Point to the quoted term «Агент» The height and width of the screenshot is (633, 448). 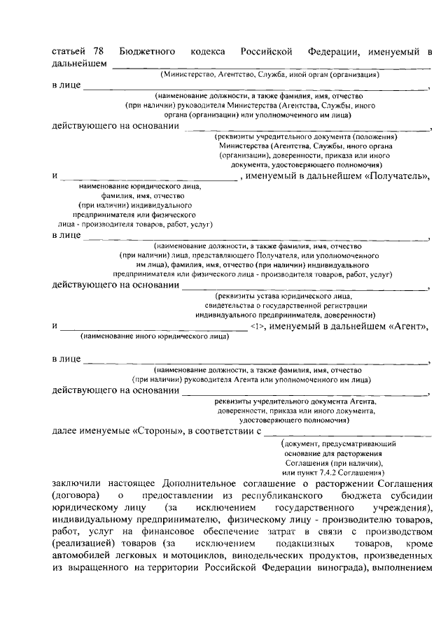click(407, 326)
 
